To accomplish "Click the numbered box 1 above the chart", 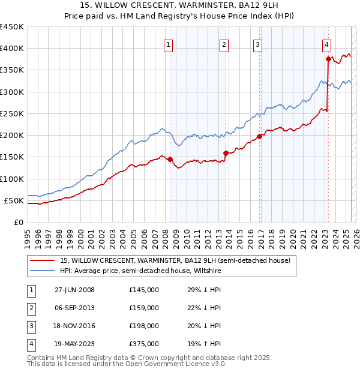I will [168, 44].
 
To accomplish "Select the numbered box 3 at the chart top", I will [257, 44].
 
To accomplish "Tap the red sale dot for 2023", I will [329, 59].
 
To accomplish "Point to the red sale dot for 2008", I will [170, 159].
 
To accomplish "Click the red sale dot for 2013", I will [226, 153].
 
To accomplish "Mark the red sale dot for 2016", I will [260, 136].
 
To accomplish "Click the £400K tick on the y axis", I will [12, 49].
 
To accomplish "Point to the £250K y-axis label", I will [12, 113].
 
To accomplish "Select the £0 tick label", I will [19, 222].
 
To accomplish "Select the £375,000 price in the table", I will [144, 344].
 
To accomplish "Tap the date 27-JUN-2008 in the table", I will [74, 290].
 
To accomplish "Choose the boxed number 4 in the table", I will [31, 344].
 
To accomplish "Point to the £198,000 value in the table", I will [144, 326].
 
